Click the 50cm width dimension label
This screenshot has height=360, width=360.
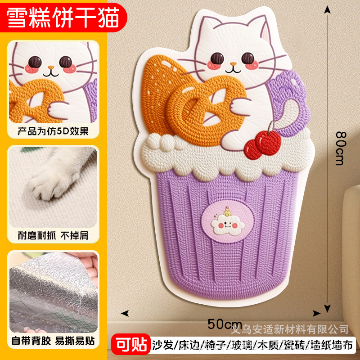click(x=225, y=323)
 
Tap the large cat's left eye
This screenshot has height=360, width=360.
click(x=217, y=58)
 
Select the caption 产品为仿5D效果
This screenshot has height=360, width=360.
click(x=54, y=131)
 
